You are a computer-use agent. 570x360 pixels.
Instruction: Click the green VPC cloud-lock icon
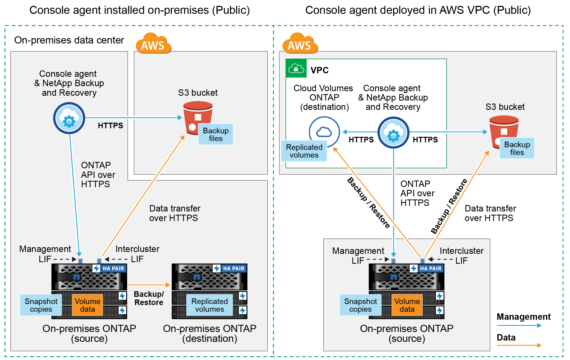pyautogui.click(x=296, y=69)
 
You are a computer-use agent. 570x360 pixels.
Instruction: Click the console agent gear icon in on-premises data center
pyautogui.click(x=69, y=118)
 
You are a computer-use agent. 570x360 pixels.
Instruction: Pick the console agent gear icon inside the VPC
pyautogui.click(x=393, y=133)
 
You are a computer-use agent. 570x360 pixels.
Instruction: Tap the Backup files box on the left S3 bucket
pyautogui.click(x=216, y=134)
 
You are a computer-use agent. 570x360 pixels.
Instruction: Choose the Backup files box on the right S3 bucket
pyautogui.click(x=517, y=148)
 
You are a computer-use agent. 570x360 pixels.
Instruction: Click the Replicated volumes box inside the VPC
pyautogui.click(x=304, y=151)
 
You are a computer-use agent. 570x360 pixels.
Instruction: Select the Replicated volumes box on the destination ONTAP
pyautogui.click(x=210, y=305)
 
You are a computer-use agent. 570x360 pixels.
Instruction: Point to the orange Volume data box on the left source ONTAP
pyautogui.click(x=87, y=305)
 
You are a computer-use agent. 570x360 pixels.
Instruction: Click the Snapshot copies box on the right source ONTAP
pyautogui.click(x=360, y=305)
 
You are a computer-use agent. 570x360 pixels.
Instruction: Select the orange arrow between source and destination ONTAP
pyautogui.click(x=148, y=285)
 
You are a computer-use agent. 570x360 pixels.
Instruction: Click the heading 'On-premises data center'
pyautogui.click(x=69, y=40)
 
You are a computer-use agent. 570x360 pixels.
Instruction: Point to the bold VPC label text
pyautogui.click(x=319, y=70)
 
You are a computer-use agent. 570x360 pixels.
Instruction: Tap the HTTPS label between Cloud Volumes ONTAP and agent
pyautogui.click(x=361, y=140)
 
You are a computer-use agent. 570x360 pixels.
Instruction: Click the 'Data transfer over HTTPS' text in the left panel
pyautogui.click(x=175, y=213)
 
